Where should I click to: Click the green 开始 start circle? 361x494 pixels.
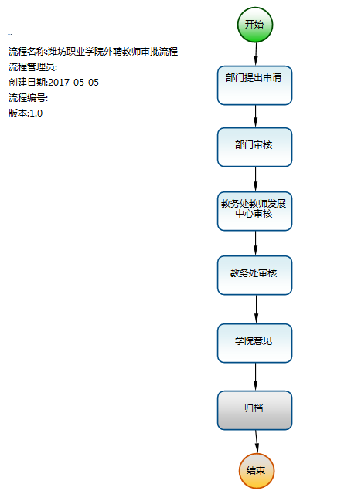[255, 25]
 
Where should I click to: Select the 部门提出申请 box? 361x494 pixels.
[254, 86]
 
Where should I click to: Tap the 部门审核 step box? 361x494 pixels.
[254, 147]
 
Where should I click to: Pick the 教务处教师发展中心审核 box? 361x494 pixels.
[254, 211]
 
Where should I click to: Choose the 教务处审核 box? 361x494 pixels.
[254, 276]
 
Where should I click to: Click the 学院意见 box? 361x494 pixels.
[254, 343]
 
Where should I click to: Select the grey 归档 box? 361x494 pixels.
[254, 411]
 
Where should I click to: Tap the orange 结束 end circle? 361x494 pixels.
[257, 471]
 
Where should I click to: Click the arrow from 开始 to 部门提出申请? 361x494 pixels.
[256, 54]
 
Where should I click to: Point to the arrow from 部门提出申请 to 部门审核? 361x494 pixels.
[256, 117]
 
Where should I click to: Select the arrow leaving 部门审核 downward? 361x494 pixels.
[256, 179]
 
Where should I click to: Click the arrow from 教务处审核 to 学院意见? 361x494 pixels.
[256, 310]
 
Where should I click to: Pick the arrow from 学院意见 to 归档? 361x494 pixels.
[256, 377]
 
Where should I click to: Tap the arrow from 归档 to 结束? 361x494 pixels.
[257, 442]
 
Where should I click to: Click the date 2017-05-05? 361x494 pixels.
[73, 83]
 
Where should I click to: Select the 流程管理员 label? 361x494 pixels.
[32, 67]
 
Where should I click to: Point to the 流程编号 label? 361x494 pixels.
[28, 98]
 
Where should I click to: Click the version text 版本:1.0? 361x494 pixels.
[26, 113]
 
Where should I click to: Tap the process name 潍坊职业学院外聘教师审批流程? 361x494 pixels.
[113, 52]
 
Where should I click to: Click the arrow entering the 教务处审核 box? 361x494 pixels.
[256, 243]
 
